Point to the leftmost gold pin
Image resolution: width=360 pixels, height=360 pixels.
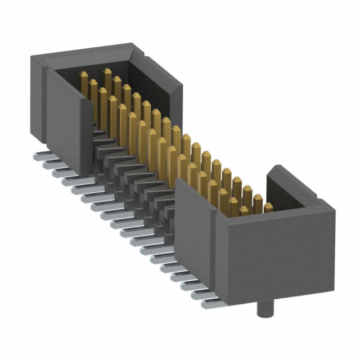(x=82, y=76)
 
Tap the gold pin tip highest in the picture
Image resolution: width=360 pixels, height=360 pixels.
(x=107, y=72)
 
